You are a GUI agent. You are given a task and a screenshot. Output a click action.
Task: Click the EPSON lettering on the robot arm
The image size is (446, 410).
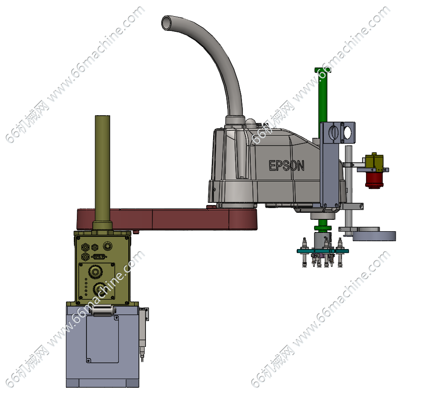pos(287,166)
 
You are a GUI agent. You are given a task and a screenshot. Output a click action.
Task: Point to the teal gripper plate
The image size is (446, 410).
pos(322,251)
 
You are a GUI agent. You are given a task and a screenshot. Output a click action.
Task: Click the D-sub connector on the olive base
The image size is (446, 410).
pos(99,256)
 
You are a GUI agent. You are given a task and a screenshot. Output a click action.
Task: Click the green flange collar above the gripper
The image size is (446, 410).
pos(323,228)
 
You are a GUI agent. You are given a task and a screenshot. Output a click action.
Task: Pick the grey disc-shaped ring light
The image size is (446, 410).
pos(374,235)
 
